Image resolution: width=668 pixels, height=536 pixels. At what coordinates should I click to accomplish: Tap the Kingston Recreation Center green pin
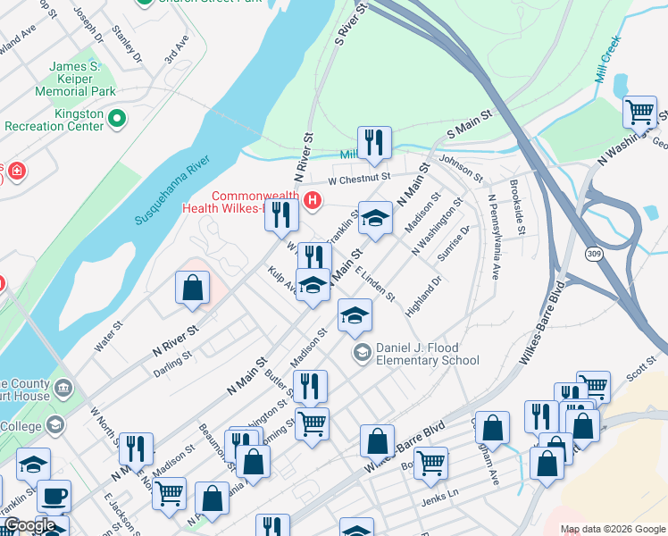point(116,117)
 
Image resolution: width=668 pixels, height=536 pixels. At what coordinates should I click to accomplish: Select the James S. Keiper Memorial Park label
point(75,79)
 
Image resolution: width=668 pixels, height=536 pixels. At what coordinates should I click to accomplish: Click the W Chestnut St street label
point(360,178)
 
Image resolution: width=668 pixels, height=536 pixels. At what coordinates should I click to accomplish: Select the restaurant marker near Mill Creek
point(373,143)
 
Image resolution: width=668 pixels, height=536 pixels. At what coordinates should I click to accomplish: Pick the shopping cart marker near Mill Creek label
point(639,113)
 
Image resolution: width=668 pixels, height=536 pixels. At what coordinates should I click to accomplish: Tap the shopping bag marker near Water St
point(192,288)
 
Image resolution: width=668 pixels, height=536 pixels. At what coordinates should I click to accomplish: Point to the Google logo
point(29,526)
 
